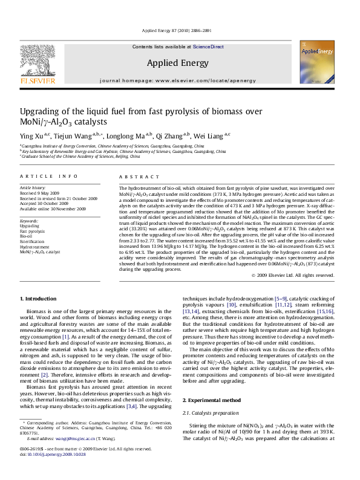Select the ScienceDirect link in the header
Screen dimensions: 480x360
click(208, 47)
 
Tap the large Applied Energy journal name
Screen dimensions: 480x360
click(173, 62)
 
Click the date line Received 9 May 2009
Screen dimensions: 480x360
click(42, 193)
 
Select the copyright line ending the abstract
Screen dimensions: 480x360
click(292, 275)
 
